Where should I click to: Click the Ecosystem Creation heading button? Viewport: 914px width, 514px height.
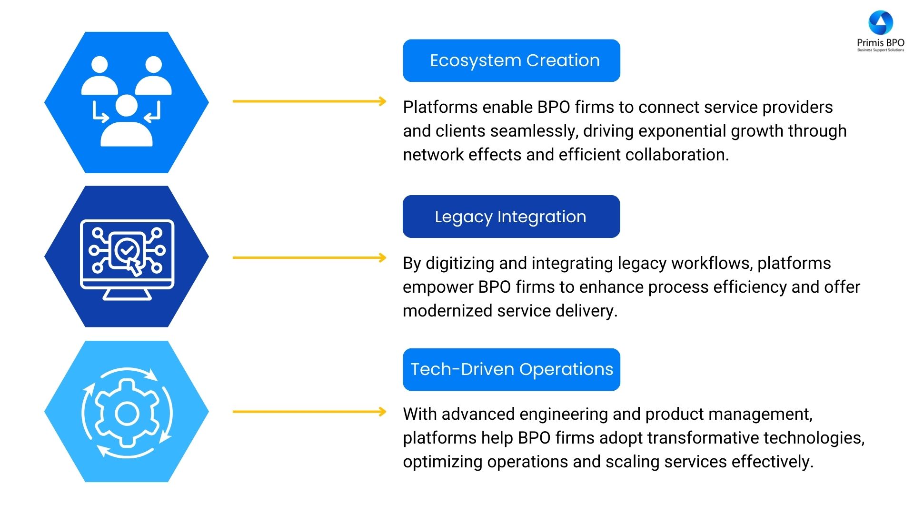(x=511, y=60)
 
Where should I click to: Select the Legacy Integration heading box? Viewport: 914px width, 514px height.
(x=511, y=217)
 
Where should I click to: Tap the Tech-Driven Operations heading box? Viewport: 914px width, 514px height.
(x=511, y=369)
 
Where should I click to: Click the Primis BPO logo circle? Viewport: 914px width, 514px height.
(x=880, y=22)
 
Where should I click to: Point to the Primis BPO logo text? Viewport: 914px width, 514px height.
(x=880, y=43)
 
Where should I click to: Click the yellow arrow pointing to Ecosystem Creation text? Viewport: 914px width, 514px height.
(x=309, y=101)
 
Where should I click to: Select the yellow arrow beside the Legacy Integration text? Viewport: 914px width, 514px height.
(x=309, y=257)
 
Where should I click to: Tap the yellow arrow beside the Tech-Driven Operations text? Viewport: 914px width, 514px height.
(x=309, y=412)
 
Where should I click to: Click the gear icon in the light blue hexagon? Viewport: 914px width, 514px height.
(x=127, y=413)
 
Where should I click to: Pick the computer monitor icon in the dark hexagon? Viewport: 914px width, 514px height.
(x=127, y=259)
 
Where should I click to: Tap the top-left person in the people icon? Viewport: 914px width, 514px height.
(x=99, y=76)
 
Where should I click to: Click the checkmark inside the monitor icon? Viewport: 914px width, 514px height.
(x=127, y=248)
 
